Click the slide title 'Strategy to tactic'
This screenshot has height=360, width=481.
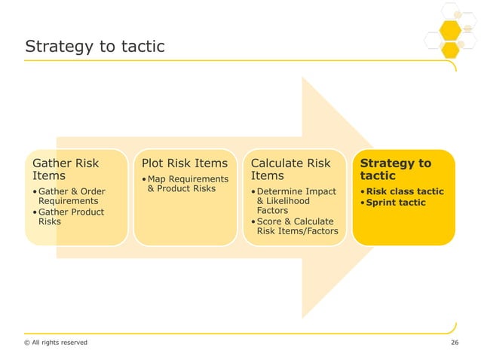[95, 47]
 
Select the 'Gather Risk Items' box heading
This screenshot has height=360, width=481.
[63, 169]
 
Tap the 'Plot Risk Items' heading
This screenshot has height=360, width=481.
[179, 163]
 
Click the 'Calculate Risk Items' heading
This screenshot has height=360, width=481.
[290, 169]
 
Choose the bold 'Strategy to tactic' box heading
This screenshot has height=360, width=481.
[396, 169]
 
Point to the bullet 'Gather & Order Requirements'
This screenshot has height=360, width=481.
[69, 196]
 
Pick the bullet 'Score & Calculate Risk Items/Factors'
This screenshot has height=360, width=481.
[295, 226]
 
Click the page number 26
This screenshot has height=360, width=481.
[454, 343]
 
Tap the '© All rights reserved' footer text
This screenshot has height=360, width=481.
[56, 343]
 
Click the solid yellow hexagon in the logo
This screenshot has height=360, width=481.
[450, 31]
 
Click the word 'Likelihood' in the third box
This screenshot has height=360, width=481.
[292, 202]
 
